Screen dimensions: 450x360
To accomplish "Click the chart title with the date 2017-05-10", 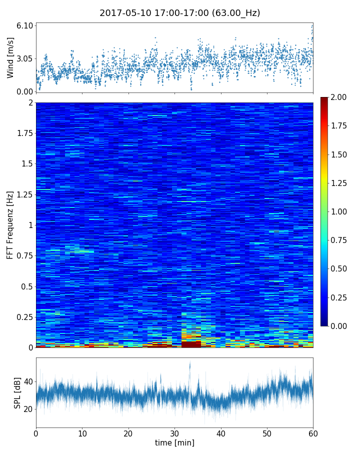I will pyautogui.click(x=180, y=13).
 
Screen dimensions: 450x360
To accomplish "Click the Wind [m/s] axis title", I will pyautogui.click(x=10, y=57).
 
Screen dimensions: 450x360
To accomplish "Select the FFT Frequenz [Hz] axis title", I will pyautogui.click(x=10, y=225).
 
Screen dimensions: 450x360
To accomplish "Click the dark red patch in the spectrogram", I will pyautogui.click(x=191, y=344).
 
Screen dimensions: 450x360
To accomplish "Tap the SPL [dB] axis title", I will pyautogui.click(x=17, y=392).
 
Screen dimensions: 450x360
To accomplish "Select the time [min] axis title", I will pyautogui.click(x=174, y=442).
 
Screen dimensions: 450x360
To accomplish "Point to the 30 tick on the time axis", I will pyautogui.click(x=174, y=433).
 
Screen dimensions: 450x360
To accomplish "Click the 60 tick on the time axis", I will pyautogui.click(x=313, y=433).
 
